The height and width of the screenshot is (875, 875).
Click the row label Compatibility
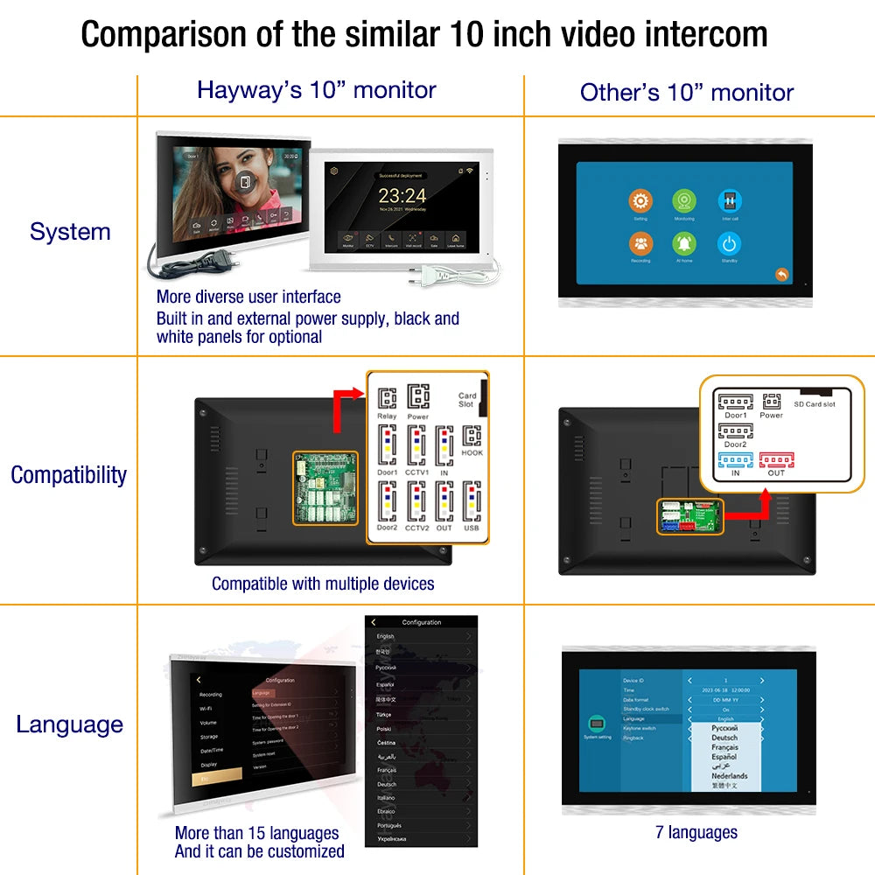coord(68,475)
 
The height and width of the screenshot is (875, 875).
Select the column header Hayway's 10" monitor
coord(316,90)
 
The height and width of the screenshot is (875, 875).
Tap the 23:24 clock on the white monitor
coord(402,195)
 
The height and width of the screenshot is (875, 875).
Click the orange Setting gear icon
coord(640,201)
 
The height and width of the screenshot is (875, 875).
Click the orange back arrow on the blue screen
coord(781,275)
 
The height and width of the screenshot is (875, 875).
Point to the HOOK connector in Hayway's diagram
coord(472,437)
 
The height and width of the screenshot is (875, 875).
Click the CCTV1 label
coord(418,472)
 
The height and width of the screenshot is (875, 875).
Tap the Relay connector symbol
coord(387,398)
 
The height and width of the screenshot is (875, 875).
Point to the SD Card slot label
coord(814,404)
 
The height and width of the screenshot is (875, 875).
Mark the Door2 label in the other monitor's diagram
coord(735,444)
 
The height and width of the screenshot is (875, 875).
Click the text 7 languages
coord(696,833)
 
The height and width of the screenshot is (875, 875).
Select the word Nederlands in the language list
coord(729,776)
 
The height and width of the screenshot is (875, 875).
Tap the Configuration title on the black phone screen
coord(422,622)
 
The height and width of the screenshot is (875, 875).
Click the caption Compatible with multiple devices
coord(323,584)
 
